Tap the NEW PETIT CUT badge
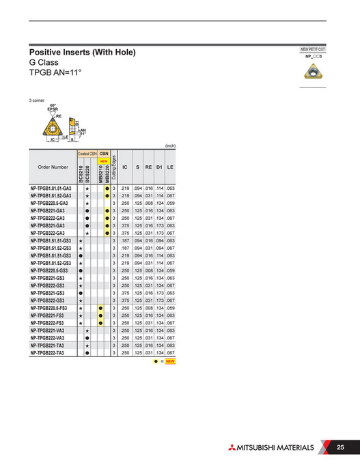pyautogui.click(x=313, y=50)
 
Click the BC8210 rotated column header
pyautogui.click(x=81, y=173)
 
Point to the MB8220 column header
pyautogui.click(x=107, y=173)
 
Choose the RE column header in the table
pyautogui.click(x=148, y=167)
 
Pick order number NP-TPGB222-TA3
pyautogui.click(x=47, y=353)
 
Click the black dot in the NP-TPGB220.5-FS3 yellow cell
pyautogui.click(x=100, y=308)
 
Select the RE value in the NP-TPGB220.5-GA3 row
pyautogui.click(x=148, y=203)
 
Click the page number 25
pyautogui.click(x=340, y=447)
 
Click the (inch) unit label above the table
pyautogui.click(x=171, y=145)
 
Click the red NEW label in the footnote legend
pyautogui.click(x=171, y=361)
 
